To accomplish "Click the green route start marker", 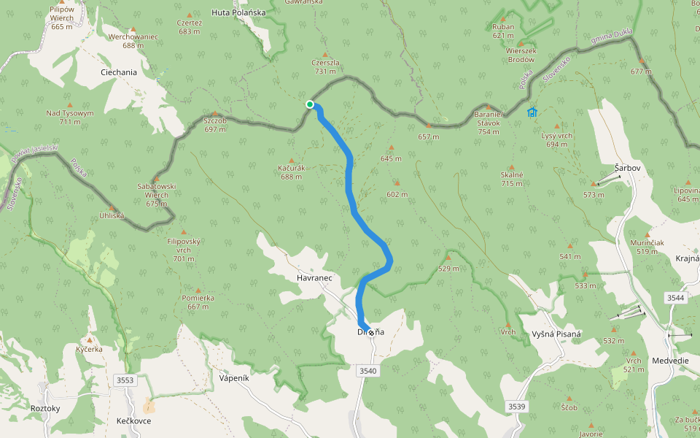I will (x=310, y=104).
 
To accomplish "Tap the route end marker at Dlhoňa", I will (x=371, y=332).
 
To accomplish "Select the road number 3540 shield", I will (x=368, y=372).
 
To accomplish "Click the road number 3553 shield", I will (x=125, y=380).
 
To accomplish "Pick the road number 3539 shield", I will (x=516, y=406).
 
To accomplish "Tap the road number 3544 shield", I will (x=676, y=298).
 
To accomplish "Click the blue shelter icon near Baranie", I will (x=532, y=112).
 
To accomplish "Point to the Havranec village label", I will (x=314, y=278).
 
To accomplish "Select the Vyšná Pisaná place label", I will (x=556, y=334).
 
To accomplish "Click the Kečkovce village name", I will (x=133, y=422).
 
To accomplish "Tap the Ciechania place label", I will (x=118, y=72).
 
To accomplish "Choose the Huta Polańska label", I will (x=238, y=12).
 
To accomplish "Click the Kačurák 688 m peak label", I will (x=291, y=172).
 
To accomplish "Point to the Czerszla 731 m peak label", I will (x=325, y=66).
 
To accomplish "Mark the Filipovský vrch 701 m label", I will (x=184, y=250).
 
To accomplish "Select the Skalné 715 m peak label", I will (x=511, y=180).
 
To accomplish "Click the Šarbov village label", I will (x=627, y=168).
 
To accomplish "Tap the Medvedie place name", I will (x=670, y=360).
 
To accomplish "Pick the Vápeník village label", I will (x=234, y=378).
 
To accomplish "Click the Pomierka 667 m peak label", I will (x=198, y=302).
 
